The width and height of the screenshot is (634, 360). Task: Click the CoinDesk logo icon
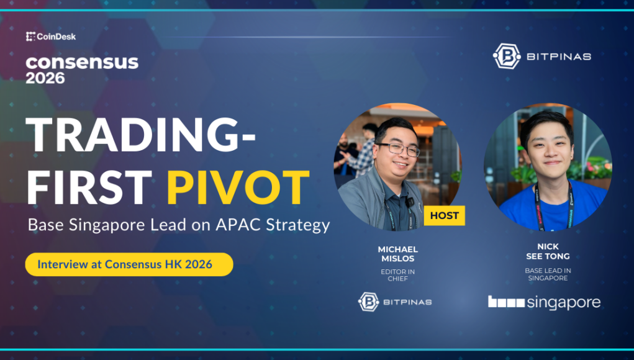pos(30,37)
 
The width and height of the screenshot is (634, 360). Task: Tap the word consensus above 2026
pos(82,63)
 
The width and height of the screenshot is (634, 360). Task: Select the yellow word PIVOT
pos(238,187)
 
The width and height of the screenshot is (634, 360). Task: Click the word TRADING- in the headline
pos(141,135)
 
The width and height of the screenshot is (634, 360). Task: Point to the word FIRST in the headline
pos(89,187)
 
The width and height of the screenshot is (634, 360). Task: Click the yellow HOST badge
pos(445,216)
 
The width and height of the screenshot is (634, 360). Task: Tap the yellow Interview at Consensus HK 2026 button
pos(129,264)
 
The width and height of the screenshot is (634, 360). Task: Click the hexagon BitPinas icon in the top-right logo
pos(507,56)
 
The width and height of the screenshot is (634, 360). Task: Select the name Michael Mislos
pos(398,254)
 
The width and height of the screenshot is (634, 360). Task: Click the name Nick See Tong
pos(548,251)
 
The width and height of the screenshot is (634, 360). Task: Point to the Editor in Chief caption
pos(398,275)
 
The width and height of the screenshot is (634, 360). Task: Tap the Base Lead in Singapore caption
pos(548,274)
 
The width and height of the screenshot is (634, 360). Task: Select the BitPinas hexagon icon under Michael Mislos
pos(368,302)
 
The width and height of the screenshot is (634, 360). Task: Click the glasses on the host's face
pos(398,149)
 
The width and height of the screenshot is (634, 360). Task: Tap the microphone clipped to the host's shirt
pos(410,202)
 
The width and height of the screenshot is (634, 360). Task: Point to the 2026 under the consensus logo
pos(45,78)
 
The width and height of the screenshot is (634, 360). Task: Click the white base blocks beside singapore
pos(506,302)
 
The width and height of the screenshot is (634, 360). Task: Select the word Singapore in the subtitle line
pos(107,225)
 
